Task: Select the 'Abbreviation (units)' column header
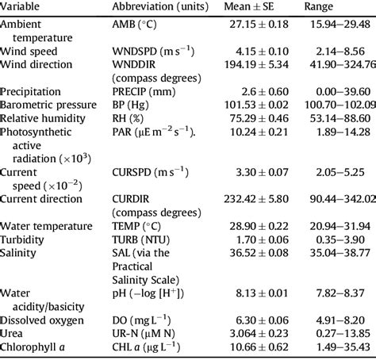click(x=161, y=8)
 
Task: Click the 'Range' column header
click(x=321, y=8)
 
